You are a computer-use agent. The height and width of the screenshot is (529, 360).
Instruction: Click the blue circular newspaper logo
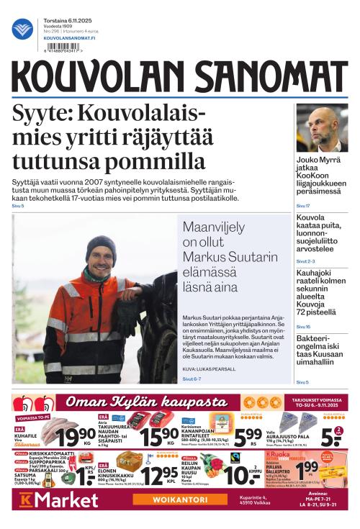pyautogui.click(x=22, y=29)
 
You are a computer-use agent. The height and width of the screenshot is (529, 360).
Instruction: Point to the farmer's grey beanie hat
pyautogui.click(x=100, y=245)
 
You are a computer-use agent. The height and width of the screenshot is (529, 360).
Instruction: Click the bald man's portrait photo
pyautogui.click(x=322, y=127)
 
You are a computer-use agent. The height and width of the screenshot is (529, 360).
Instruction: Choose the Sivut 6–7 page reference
pyautogui.click(x=192, y=379)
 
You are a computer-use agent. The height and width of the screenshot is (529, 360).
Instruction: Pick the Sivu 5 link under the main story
pyautogui.click(x=18, y=206)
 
